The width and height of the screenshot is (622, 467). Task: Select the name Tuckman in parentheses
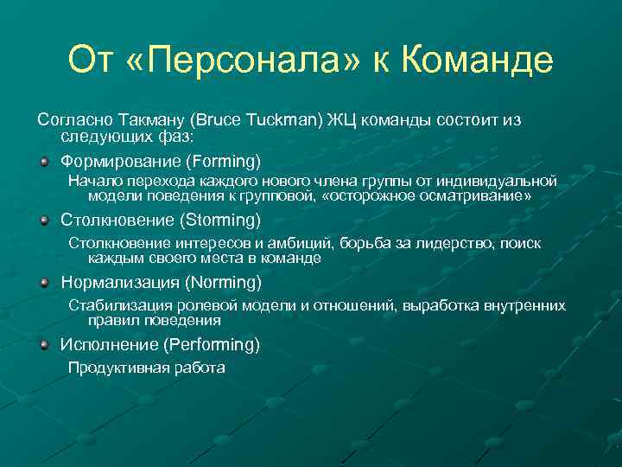(x=283, y=120)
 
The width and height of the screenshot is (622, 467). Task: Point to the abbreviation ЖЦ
(x=340, y=120)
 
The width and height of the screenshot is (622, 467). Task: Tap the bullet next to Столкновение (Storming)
(x=44, y=221)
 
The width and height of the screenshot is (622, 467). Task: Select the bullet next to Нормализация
(x=44, y=282)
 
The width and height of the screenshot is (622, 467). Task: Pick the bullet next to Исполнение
(x=44, y=343)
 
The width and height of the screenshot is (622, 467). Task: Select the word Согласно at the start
(x=69, y=120)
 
